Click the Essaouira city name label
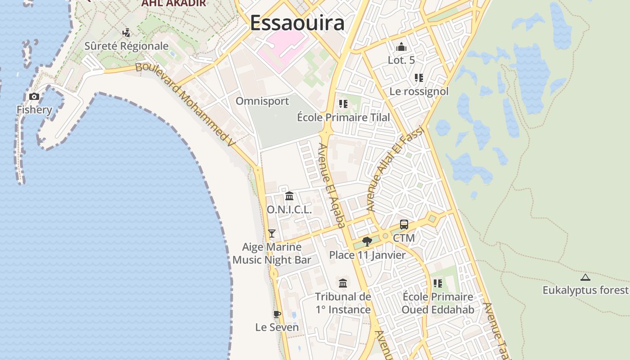297,23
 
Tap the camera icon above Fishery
34,96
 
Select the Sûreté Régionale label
126,46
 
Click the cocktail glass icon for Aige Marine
271,233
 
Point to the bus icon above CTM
404,225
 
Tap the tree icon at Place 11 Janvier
367,242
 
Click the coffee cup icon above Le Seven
277,314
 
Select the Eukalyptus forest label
585,290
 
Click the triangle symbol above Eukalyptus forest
585,278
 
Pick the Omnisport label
262,101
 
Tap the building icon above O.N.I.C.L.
289,196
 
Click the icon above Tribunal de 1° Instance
343,283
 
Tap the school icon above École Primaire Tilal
343,104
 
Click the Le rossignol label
419,91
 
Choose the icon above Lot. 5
401,47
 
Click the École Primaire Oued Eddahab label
438,303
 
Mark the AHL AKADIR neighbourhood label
173,3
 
